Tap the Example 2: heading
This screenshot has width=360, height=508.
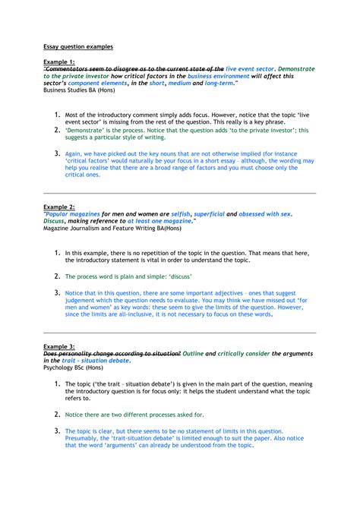[59, 207]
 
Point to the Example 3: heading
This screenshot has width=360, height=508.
[59, 346]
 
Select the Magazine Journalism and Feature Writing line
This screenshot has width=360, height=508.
[105, 228]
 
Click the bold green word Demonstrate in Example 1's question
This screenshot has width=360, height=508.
[296, 68]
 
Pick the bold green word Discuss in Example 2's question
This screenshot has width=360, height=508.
[58, 221]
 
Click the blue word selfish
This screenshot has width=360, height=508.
[178, 214]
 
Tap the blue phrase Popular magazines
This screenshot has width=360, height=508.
[71, 214]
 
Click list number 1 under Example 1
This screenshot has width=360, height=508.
[56, 114]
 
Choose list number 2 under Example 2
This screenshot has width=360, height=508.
[56, 276]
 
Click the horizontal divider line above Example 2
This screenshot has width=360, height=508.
[180, 193]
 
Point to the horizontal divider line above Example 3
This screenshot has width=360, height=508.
[180, 332]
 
